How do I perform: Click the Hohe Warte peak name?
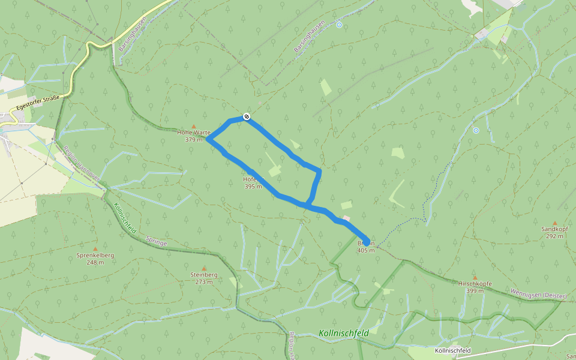point(194,133)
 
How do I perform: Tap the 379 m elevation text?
point(194,140)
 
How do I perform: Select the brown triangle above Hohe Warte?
point(194,126)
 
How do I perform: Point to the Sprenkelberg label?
point(95,256)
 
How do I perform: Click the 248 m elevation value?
point(95,262)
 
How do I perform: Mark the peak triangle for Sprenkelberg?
point(95,248)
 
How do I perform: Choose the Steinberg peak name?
point(203,275)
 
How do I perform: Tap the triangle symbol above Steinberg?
point(203,268)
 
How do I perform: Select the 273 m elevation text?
point(203,281)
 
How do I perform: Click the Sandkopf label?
point(554,229)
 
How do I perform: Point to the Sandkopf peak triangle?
point(554,223)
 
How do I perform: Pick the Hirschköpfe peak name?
point(475,284)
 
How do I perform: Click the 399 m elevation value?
point(475,291)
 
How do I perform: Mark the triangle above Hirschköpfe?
point(475,277)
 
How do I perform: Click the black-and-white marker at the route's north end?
point(246,116)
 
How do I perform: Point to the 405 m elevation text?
point(365,250)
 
